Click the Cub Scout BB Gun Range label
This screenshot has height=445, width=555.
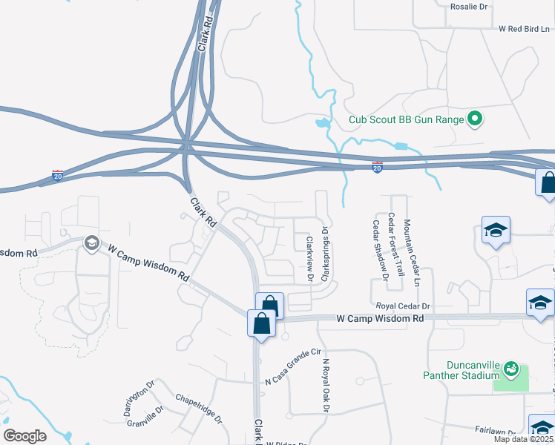(x=406, y=119)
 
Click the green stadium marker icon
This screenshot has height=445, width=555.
(x=510, y=369)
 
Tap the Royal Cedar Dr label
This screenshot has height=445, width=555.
(x=404, y=306)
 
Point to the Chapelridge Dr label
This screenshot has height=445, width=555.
(x=199, y=408)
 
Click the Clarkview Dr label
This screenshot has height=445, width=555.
(x=309, y=258)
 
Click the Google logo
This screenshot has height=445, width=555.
(x=24, y=436)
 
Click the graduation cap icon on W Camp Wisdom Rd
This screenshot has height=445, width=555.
(x=92, y=243)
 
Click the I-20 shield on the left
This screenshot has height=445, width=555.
(x=58, y=176)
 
